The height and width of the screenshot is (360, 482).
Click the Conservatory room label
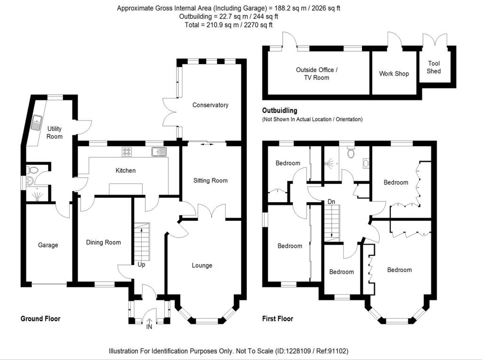coord(210,105)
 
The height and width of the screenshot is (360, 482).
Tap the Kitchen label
coord(125,170)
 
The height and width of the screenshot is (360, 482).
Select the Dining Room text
coord(103,242)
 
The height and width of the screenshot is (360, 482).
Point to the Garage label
coord(48,245)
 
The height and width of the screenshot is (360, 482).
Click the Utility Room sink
coord(37,122)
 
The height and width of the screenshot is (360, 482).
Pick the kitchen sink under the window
coord(159,152)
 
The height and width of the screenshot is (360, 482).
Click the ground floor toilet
coord(32,169)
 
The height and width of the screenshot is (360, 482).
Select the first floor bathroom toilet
coord(351,152)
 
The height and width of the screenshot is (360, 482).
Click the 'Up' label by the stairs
coord(141,264)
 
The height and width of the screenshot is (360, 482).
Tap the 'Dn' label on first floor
coord(331,202)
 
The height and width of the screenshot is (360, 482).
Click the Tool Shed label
coord(434,67)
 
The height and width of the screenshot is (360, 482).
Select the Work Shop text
coord(394,74)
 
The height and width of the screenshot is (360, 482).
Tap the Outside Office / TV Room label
coord(317,74)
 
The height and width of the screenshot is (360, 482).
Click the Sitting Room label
coord(210,181)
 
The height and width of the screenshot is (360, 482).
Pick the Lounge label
coord(202,265)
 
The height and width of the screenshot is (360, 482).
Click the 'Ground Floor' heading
coord(40,319)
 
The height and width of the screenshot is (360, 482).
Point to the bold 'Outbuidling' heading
coord(280,111)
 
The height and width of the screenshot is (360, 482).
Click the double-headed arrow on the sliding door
coord(207,144)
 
